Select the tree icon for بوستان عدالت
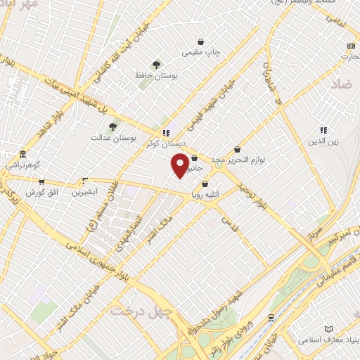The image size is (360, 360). click(112, 127)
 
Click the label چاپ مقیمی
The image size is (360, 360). click(201, 53)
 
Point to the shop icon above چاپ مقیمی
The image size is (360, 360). click(201, 41)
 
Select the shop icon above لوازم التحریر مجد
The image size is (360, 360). click(237, 149)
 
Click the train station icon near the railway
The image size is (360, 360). click(271, 318)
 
